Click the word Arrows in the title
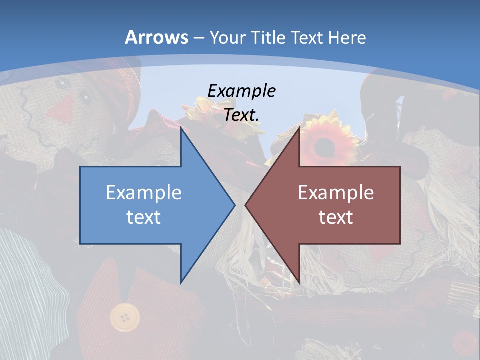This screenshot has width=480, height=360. coord(157,37)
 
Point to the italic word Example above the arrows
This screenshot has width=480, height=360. coord(241,91)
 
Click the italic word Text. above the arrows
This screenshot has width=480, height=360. coord(241,115)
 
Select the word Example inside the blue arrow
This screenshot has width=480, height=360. coord(144,192)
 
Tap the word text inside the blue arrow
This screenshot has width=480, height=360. coord(144,217)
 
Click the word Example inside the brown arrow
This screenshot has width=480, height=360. coord(336,192)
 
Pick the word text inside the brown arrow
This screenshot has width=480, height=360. coord(336,217)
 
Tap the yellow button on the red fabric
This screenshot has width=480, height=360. coord(125,316)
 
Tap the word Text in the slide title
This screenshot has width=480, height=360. coord(308,37)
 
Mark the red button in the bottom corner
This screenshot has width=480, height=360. coord(465,343)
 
